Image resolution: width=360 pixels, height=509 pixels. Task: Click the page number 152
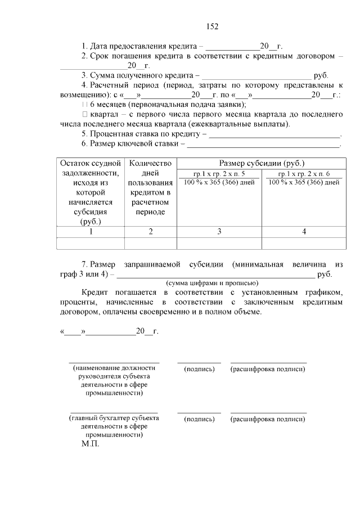tap(212, 26)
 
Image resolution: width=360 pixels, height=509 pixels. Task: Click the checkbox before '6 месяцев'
tap(84, 105)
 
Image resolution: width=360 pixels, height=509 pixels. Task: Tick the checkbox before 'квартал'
tap(84, 114)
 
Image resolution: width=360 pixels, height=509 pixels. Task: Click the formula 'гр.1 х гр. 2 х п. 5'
tap(219, 174)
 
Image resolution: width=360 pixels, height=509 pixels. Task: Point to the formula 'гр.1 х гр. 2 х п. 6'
tap(304, 174)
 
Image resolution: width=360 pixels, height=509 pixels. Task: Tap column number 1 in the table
tap(91, 231)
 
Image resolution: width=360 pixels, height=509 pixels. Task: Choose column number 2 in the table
tap(150, 231)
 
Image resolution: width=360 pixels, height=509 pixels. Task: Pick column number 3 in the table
tap(219, 231)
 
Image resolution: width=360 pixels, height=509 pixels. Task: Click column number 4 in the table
tap(304, 231)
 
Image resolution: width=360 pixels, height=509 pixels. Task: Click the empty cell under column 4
tap(304, 243)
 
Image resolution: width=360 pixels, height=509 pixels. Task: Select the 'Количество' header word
tap(150, 163)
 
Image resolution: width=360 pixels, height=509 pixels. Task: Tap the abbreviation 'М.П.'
tap(90, 444)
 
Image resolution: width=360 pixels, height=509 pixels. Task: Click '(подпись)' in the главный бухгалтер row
tap(199, 419)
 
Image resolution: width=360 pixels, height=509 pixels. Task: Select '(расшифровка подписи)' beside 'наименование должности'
tap(268, 369)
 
